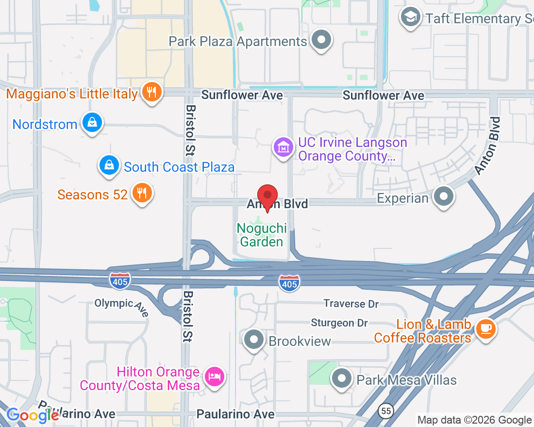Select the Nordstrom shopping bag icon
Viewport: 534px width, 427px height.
92,123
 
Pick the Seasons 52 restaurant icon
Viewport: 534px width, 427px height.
142,194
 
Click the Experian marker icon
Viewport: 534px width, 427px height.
444,197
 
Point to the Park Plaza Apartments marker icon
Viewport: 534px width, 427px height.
321,40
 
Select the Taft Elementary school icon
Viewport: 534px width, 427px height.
411,18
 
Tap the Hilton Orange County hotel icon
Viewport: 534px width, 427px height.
215,377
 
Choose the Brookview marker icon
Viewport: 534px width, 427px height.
253,340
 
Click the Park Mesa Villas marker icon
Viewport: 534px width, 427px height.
342,378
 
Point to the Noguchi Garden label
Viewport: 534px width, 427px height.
262,234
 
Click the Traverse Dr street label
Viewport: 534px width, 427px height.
351,304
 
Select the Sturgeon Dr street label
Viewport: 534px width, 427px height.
339,323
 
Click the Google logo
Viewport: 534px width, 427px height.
33,415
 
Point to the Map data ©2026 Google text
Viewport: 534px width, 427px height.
474,420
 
